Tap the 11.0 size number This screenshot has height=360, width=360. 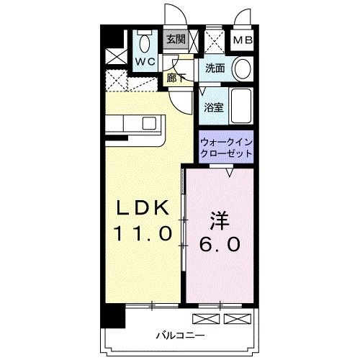(142, 233)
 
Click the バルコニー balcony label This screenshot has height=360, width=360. (178, 336)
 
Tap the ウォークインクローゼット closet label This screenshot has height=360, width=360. (226, 148)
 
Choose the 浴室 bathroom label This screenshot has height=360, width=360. (213, 108)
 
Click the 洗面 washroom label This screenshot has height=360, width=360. (215, 69)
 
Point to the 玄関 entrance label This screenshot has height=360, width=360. (176, 40)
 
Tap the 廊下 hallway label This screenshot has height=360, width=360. (174, 78)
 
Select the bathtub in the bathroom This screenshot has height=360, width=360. (241, 107)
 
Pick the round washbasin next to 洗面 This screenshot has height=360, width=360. (242, 69)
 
